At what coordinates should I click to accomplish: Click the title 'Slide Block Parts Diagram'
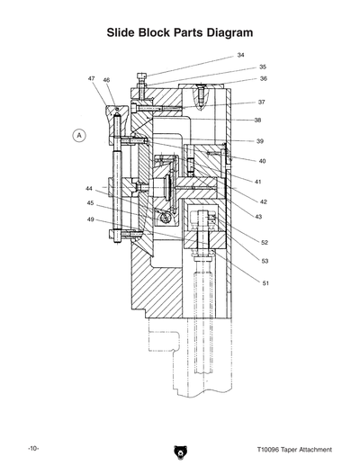pyautogui.click(x=179, y=32)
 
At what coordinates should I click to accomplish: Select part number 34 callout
pyautogui.click(x=240, y=56)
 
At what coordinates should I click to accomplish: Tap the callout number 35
pyautogui.click(x=262, y=67)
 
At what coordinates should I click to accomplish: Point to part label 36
pyautogui.click(x=262, y=79)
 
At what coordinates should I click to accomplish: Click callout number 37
pyautogui.click(x=261, y=103)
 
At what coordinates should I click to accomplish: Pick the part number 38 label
pyautogui.click(x=257, y=120)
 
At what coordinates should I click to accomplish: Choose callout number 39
pyautogui.click(x=260, y=141)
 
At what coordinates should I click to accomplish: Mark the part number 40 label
pyautogui.click(x=262, y=161)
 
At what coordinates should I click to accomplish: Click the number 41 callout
pyautogui.click(x=257, y=182)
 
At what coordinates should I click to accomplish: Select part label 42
pyautogui.click(x=262, y=201)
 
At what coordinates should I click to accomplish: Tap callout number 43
pyautogui.click(x=257, y=217)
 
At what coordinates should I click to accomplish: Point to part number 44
pyautogui.click(x=90, y=189)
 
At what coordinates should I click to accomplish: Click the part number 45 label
pyautogui.click(x=90, y=203)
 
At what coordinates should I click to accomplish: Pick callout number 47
pyautogui.click(x=92, y=79)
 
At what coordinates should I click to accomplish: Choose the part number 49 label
pyautogui.click(x=90, y=219)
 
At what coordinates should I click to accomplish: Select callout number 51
pyautogui.click(x=265, y=283)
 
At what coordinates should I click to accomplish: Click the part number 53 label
pyautogui.click(x=264, y=261)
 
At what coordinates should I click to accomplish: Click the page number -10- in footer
pyautogui.click(x=32, y=449)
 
